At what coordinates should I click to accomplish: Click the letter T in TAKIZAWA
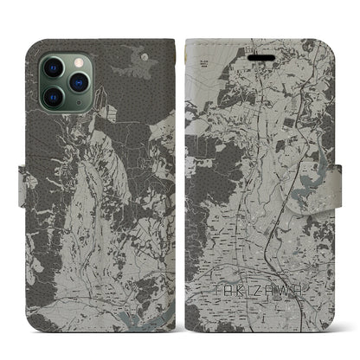214,306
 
